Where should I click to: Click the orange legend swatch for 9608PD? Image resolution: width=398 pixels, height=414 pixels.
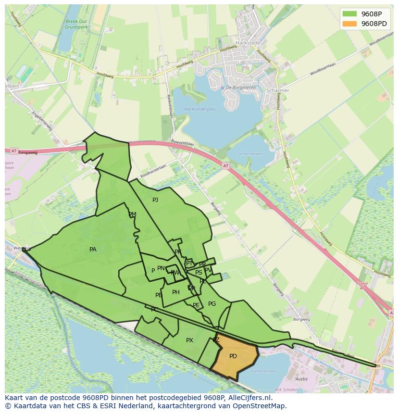tap(350, 24)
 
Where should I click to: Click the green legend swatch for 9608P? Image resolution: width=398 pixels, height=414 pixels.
tap(350, 13)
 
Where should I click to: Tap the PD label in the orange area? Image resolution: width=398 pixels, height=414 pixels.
tap(233, 356)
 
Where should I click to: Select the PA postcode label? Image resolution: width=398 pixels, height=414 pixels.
tap(93, 250)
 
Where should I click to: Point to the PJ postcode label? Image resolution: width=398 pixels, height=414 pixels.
tap(155, 200)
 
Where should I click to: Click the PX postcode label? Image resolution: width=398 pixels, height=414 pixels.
tap(189, 340)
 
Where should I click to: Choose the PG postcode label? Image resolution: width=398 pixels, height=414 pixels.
tap(212, 304)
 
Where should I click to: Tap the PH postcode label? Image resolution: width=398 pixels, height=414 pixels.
tap(176, 292)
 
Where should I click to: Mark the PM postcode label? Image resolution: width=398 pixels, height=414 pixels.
tap(132, 214)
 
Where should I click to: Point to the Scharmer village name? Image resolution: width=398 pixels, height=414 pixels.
tap(277, 90)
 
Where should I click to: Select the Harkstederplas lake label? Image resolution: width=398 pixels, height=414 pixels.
tap(200, 110)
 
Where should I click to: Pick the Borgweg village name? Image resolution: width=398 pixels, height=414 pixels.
tap(302, 319)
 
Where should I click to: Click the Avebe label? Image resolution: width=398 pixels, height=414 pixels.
tap(301, 379)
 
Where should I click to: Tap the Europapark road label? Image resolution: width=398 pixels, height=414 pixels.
tap(28, 152)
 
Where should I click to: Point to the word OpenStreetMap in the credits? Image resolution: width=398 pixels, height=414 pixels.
tap(259, 406)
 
